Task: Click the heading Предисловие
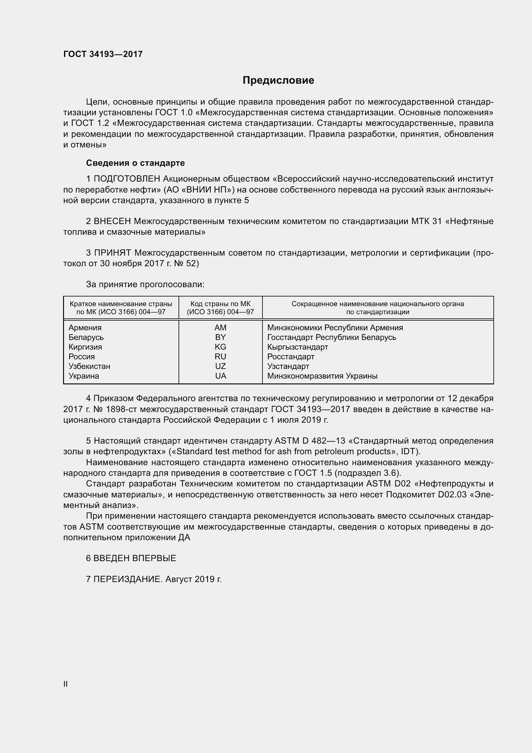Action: pyautogui.click(x=278, y=80)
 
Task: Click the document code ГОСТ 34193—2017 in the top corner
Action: pyautogui.click(x=103, y=54)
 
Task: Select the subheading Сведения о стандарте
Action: pyautogui.click(x=135, y=163)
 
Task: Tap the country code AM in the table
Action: pyautogui.click(x=220, y=328)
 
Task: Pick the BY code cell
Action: pyautogui.click(x=220, y=337)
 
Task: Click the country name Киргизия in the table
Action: pyautogui.click(x=85, y=347)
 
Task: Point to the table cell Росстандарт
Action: pyautogui.click(x=290, y=356)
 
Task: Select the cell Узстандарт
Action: pyautogui.click(x=288, y=366)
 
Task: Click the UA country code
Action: pyautogui.click(x=220, y=376)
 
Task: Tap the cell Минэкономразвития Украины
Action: pyautogui.click(x=322, y=376)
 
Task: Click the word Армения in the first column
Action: pyautogui.click(x=85, y=328)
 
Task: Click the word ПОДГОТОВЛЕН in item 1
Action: pyautogui.click(x=127, y=179)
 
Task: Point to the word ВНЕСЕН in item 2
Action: pyautogui.click(x=112, y=221)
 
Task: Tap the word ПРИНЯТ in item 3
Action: pyautogui.click(x=113, y=253)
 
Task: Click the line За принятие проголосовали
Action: pyautogui.click(x=145, y=284)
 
